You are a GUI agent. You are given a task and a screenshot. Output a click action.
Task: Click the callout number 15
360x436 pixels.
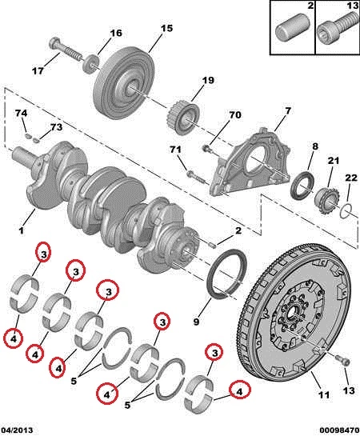point(166,28)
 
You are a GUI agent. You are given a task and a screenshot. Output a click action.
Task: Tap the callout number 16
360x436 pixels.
point(116,33)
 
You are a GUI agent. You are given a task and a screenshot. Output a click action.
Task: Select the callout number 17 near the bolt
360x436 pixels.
point(38,71)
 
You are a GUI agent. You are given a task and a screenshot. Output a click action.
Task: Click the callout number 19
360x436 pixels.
point(208,80)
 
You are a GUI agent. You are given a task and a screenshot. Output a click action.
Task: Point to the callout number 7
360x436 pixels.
point(288,111)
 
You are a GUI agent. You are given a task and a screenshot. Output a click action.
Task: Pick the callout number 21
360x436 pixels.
point(334,161)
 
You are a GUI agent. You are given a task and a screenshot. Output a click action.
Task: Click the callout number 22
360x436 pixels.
point(351,178)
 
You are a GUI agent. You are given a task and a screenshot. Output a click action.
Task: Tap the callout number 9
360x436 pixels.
point(196,322)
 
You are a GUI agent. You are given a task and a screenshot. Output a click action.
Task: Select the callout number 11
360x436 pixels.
point(324,394)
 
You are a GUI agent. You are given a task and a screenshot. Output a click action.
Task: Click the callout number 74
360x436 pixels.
point(21,114)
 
